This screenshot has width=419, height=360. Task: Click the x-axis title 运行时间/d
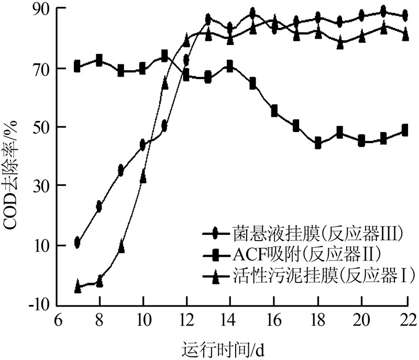tap(225, 348)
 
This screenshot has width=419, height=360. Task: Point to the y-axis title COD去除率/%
tap(12, 173)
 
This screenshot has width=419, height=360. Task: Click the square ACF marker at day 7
tap(78, 67)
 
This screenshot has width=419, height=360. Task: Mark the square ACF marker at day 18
tap(317, 143)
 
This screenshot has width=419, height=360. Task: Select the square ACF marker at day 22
tap(405, 130)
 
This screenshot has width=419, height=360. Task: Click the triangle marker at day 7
tap(78, 286)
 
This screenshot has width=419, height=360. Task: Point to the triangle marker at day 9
tap(121, 247)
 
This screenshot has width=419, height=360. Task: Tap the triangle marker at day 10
tap(143, 178)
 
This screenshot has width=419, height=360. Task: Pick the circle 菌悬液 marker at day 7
tap(78, 242)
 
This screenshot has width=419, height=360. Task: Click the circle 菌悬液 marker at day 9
tap(121, 170)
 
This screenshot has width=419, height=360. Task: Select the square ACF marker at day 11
tap(164, 55)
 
